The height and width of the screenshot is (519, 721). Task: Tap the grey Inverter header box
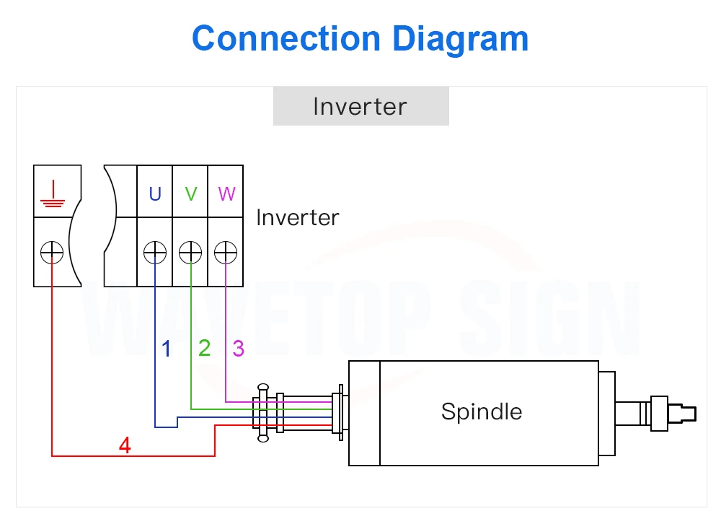point(360,107)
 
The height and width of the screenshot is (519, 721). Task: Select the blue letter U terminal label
point(155,193)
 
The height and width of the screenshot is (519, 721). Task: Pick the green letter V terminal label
point(190,193)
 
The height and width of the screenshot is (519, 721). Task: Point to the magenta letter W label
point(226,193)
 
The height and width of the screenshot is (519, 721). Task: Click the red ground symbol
point(53,191)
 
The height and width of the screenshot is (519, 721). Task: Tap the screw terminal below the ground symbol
point(53,253)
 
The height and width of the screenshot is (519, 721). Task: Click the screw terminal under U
point(155,253)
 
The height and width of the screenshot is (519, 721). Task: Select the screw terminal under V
point(190,253)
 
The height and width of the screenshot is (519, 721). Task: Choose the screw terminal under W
point(226,253)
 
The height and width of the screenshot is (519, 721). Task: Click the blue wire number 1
point(167,349)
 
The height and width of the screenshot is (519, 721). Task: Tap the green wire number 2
point(205,349)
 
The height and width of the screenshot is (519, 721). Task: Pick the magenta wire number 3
point(239,349)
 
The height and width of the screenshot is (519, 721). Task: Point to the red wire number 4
point(125,446)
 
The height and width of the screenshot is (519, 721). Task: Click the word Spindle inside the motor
point(481,411)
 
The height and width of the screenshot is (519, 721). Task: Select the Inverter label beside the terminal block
point(298,217)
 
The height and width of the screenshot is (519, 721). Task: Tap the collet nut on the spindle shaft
point(659,413)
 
